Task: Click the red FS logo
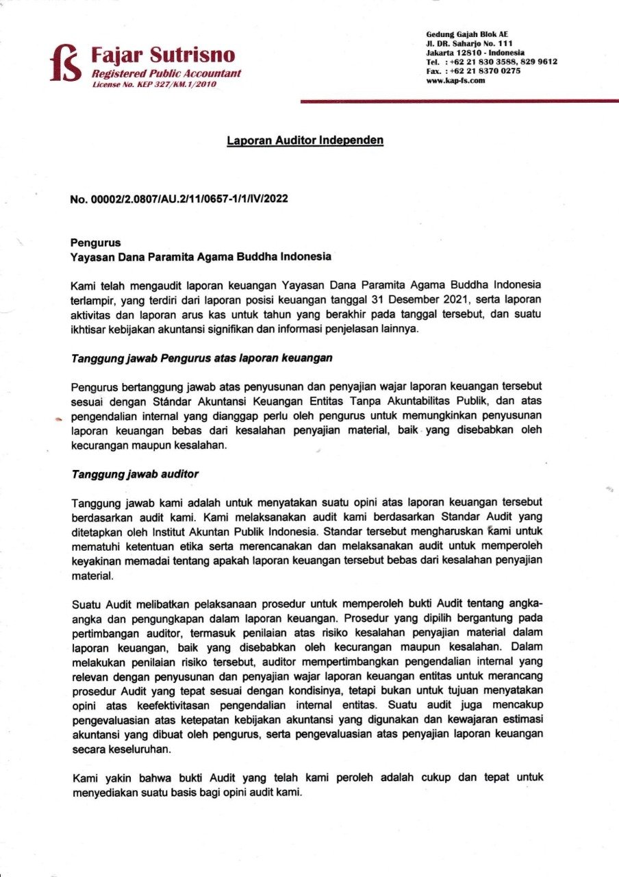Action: pos(67,63)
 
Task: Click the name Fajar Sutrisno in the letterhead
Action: pos(163,55)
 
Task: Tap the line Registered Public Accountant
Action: pos(166,73)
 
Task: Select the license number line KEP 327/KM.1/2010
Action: pos(154,84)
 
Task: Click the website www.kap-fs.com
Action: pos(455,80)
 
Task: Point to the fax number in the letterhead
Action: pos(473,71)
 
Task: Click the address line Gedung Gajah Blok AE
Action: pos(467,34)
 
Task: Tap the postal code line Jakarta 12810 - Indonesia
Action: pos(475,52)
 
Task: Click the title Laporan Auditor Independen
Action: pos(305,140)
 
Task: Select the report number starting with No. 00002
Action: pos(179,199)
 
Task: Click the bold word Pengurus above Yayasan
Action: pos(95,242)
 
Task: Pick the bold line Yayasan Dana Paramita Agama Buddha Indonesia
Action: pos(201,257)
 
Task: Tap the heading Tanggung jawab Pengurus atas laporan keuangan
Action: pos(202,358)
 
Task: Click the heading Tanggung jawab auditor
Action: pos(135,473)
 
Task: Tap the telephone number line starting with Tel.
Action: pos(491,61)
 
